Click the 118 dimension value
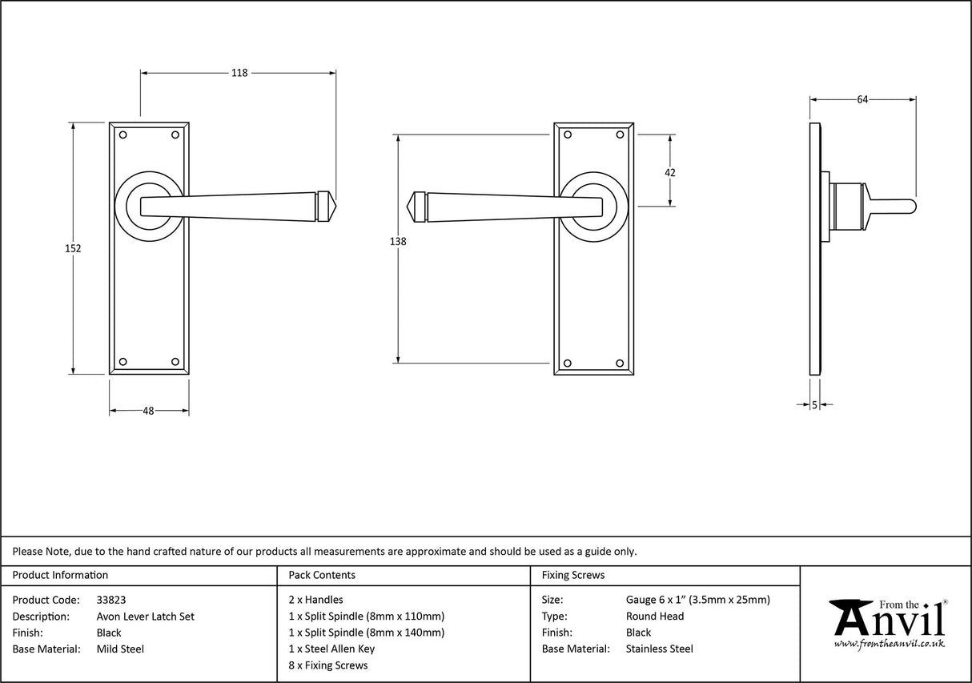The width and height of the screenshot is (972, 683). [239, 73]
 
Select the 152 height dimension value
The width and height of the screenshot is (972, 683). [73, 248]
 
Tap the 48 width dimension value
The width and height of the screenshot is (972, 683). [148, 411]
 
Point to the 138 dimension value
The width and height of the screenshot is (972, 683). [398, 242]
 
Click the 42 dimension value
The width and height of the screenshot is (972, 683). [670, 172]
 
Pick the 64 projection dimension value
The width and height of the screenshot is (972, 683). [862, 100]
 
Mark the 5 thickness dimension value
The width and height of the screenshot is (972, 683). [814, 405]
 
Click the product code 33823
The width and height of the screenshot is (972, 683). [110, 600]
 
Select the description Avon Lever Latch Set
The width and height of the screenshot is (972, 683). [145, 617]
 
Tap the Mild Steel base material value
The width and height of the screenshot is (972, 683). [120, 649]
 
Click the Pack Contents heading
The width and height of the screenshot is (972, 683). [322, 575]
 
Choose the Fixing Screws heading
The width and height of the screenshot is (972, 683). [573, 575]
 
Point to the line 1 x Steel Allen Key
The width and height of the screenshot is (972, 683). [331, 649]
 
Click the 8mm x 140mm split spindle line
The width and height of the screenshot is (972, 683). [366, 633]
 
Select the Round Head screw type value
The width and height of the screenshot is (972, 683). [655, 617]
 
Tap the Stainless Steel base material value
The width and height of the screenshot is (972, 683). [660, 649]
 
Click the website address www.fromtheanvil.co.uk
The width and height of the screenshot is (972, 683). [889, 644]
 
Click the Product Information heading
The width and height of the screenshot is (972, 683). [60, 575]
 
